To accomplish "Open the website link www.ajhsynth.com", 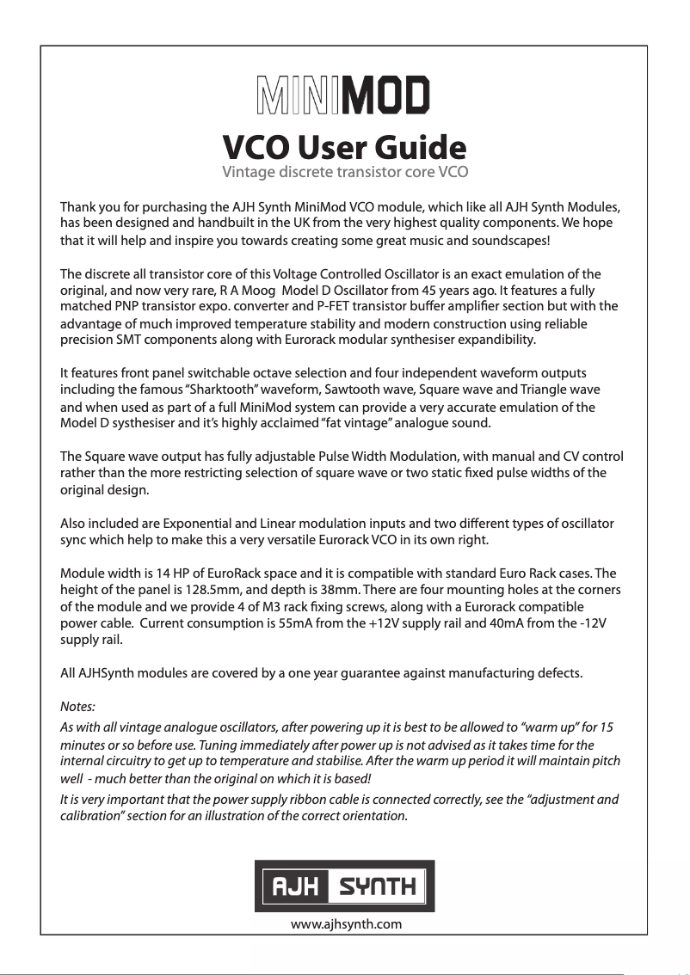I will [x=347, y=924].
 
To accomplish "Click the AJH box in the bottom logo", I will [x=293, y=886].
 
